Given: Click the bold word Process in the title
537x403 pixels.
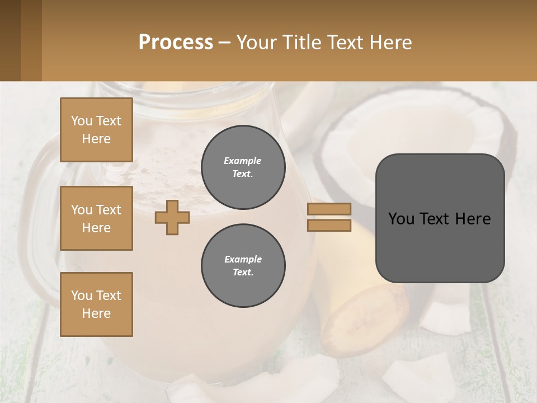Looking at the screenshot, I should [x=176, y=42].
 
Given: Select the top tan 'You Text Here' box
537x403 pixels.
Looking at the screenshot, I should [x=96, y=130].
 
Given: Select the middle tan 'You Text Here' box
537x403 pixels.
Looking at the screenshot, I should [x=96, y=218].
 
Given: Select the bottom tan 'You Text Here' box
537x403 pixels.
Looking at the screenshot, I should [x=96, y=304].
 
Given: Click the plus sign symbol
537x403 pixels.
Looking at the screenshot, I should [x=172, y=217].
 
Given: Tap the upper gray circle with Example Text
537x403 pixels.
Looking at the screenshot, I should [x=243, y=167].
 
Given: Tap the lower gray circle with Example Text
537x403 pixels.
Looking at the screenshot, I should [x=243, y=266].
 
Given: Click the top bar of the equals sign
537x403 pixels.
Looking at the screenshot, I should [x=329, y=209].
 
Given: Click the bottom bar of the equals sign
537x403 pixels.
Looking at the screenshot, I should [x=329, y=226].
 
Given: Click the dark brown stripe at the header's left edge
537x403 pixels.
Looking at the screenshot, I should [x=10, y=40].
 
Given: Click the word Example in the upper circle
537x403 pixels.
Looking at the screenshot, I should [x=242, y=161].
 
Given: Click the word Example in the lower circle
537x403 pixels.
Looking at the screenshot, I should [x=243, y=260].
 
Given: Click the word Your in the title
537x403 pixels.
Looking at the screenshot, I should [x=257, y=42].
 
